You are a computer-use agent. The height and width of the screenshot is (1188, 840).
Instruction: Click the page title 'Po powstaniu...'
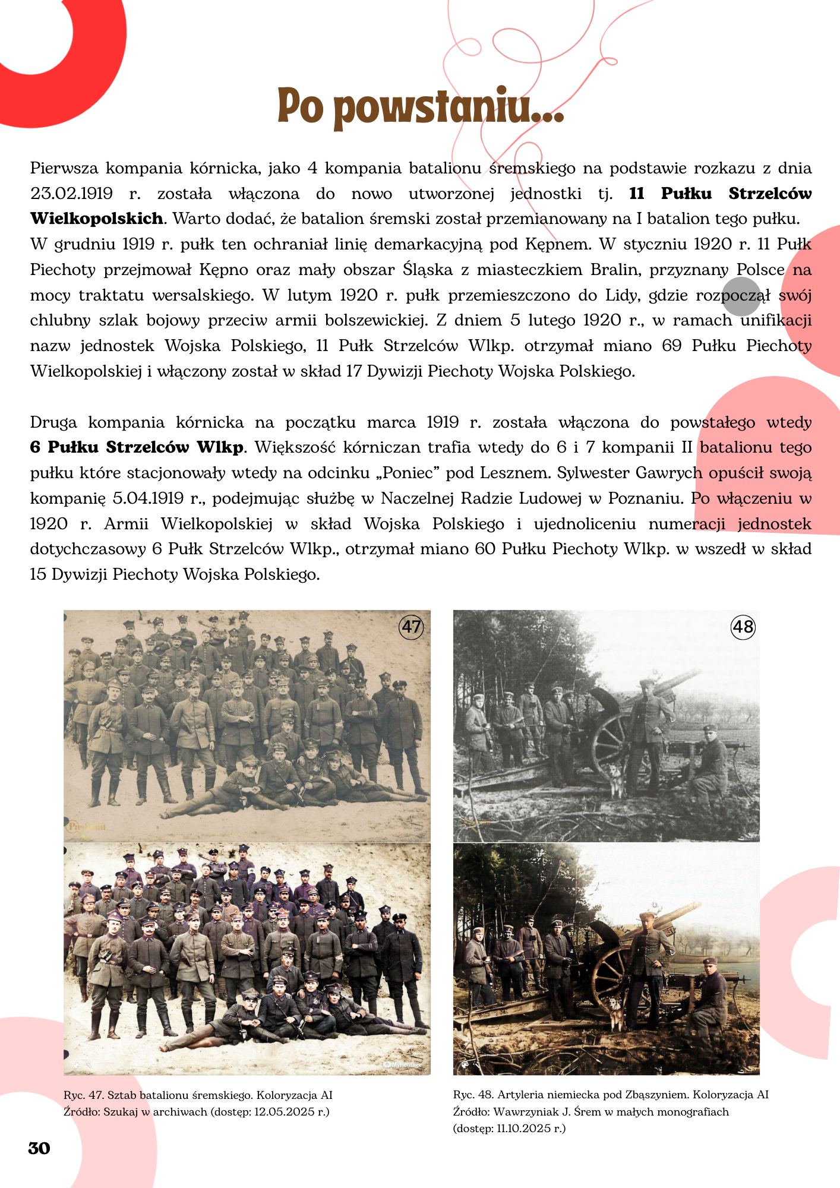(420, 107)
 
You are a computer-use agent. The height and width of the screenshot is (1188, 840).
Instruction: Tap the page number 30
(39, 1148)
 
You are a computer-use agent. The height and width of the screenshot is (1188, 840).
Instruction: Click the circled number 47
(411, 627)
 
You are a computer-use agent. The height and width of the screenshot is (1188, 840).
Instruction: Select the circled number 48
(743, 627)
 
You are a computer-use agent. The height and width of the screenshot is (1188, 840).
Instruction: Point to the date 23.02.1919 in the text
(72, 194)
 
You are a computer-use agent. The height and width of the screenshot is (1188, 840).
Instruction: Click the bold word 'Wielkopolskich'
(97, 219)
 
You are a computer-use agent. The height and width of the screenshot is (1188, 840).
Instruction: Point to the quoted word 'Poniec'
(409, 473)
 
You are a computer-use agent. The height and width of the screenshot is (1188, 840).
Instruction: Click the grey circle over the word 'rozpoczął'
(741, 296)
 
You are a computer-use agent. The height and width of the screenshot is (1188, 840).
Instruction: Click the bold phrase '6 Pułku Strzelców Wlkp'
(137, 447)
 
